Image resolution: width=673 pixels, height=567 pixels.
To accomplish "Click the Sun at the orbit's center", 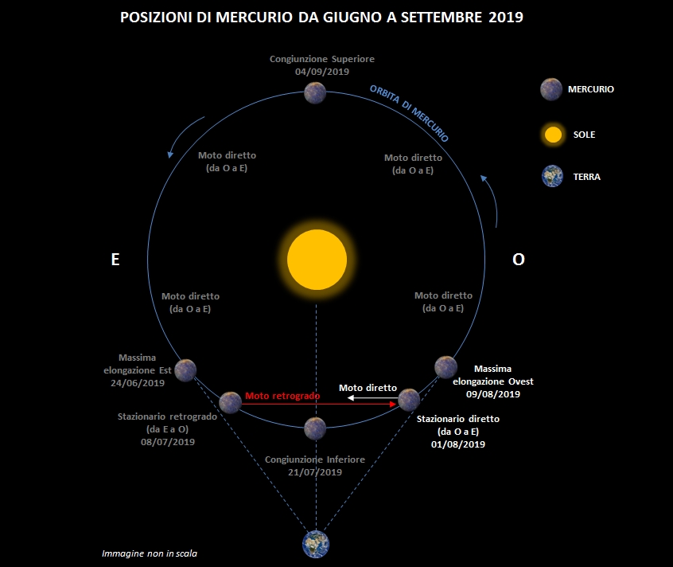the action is (317, 260).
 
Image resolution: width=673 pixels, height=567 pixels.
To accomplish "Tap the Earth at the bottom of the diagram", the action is (316, 544).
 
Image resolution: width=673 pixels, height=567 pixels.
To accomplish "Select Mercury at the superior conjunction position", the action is (315, 93).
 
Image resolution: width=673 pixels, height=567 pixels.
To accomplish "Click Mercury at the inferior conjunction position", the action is (315, 428).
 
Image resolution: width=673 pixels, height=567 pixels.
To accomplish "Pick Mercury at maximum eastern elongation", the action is (185, 370).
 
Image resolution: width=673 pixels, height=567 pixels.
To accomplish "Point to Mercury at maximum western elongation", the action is (446, 367).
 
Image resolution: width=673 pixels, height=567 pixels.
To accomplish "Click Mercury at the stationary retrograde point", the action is (231, 402).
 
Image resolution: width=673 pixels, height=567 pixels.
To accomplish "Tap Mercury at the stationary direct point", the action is (409, 400).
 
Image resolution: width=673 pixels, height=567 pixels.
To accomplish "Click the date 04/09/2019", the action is (322, 72).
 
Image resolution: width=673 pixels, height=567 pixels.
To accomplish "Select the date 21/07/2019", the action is (315, 472).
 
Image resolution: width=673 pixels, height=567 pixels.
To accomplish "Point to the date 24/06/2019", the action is (138, 383).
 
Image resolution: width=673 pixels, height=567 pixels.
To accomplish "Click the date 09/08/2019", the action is (493, 394).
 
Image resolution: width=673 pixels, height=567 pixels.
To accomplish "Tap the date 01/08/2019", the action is (458, 444).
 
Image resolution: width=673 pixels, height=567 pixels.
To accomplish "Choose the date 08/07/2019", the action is (168, 441).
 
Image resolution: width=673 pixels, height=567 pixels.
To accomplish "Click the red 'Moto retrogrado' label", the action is (282, 396).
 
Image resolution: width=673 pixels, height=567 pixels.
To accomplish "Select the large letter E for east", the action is (115, 260).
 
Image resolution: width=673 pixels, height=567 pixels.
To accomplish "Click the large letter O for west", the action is (519, 260).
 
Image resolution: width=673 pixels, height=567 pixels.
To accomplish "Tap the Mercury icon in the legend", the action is (551, 89).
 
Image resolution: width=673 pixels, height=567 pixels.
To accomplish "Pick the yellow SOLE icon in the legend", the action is (553, 135).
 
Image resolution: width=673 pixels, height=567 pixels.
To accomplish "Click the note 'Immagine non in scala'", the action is (150, 553).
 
